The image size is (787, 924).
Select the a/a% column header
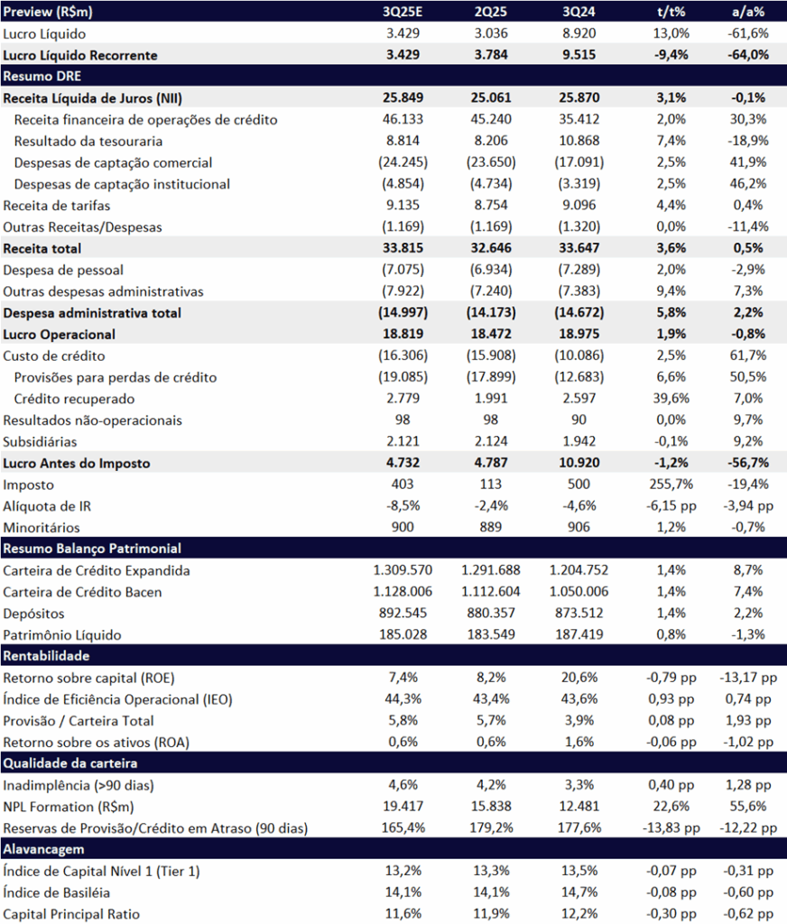tap(748, 12)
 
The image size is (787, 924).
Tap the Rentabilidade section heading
tap(46, 655)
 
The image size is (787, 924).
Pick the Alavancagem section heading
tap(42, 848)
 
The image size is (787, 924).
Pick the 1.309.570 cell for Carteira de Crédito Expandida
tap(403, 570)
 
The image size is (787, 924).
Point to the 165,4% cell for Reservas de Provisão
tap(403, 827)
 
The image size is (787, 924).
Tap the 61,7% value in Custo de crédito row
tap(748, 356)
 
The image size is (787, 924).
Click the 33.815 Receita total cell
tap(403, 248)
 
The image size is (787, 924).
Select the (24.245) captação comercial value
tap(403, 162)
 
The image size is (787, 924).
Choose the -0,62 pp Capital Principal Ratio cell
tap(748, 913)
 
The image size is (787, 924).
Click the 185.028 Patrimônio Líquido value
tap(403, 634)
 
